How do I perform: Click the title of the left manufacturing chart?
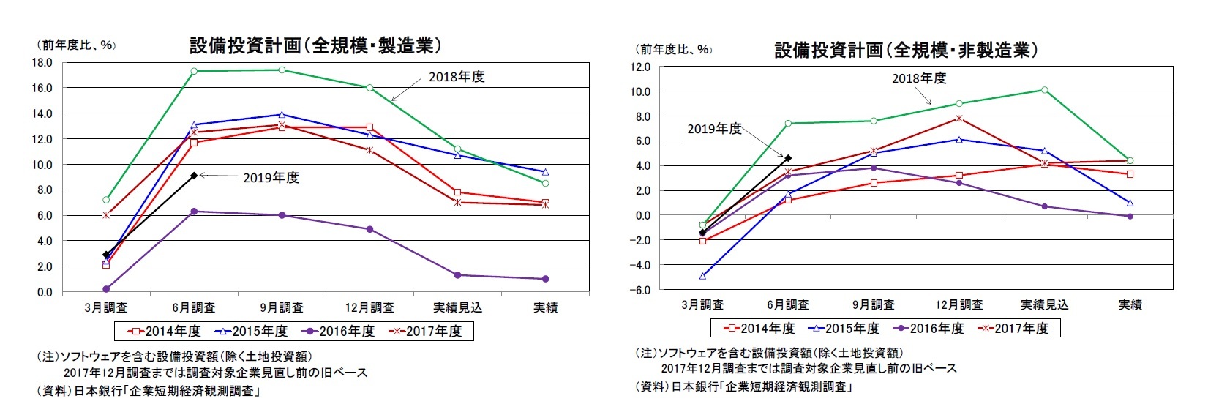point(315,45)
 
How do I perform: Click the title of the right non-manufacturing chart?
point(906,50)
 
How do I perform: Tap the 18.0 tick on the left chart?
point(42,63)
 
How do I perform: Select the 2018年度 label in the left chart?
point(457,77)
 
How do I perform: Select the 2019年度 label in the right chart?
point(714,129)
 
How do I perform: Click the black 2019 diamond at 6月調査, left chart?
point(194,176)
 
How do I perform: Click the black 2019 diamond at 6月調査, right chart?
point(788,158)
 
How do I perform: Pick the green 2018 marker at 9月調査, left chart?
point(282,70)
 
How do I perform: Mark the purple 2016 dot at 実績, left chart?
point(545,279)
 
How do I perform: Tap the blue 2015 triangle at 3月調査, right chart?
point(702,277)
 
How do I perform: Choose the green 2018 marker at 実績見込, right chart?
point(1044,90)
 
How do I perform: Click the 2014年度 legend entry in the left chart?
point(165,331)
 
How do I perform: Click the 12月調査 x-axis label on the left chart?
point(369,307)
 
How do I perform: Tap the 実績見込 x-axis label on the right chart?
point(1044,304)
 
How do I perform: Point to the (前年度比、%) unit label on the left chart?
point(75,45)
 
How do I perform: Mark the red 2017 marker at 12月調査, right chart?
point(959,118)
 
